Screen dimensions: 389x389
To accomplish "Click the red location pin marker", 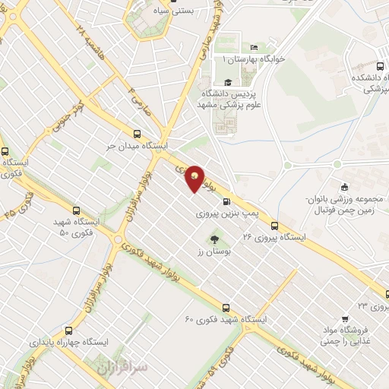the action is (195, 178).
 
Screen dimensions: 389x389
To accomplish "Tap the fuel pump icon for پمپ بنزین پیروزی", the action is (227, 202).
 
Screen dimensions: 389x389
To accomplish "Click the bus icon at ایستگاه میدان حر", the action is (136, 131).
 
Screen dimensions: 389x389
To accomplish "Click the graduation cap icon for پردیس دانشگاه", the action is (227, 82).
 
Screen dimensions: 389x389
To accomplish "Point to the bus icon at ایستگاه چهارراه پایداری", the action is (69, 330).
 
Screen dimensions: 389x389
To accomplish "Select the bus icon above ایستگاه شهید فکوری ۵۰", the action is (75, 210).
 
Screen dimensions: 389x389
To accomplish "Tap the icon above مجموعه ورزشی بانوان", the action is (345, 188).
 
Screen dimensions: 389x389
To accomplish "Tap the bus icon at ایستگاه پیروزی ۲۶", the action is (274, 226).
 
